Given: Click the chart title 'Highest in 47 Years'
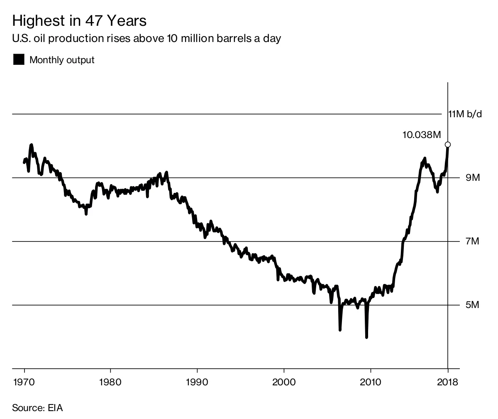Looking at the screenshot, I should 79,21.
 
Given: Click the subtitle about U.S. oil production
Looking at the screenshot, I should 147,39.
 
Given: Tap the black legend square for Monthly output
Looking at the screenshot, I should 19,60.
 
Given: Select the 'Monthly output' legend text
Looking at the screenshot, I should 62,60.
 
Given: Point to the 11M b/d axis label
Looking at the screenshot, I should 465,114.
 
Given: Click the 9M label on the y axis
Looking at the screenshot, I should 472,178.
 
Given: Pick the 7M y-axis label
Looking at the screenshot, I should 472,242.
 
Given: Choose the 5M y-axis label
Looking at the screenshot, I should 472,305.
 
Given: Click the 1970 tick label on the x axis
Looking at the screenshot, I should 24,382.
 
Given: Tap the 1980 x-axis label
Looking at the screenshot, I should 111,382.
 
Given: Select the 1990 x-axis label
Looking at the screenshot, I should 197,382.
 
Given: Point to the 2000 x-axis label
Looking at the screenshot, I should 284,382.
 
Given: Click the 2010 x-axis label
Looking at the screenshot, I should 370,382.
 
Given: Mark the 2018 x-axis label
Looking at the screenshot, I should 448,382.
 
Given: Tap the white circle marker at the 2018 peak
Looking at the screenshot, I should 448,145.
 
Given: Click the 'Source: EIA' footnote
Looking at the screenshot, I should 37,408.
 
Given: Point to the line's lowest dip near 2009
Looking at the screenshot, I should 366,337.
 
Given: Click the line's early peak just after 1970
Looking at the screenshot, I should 31,145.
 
